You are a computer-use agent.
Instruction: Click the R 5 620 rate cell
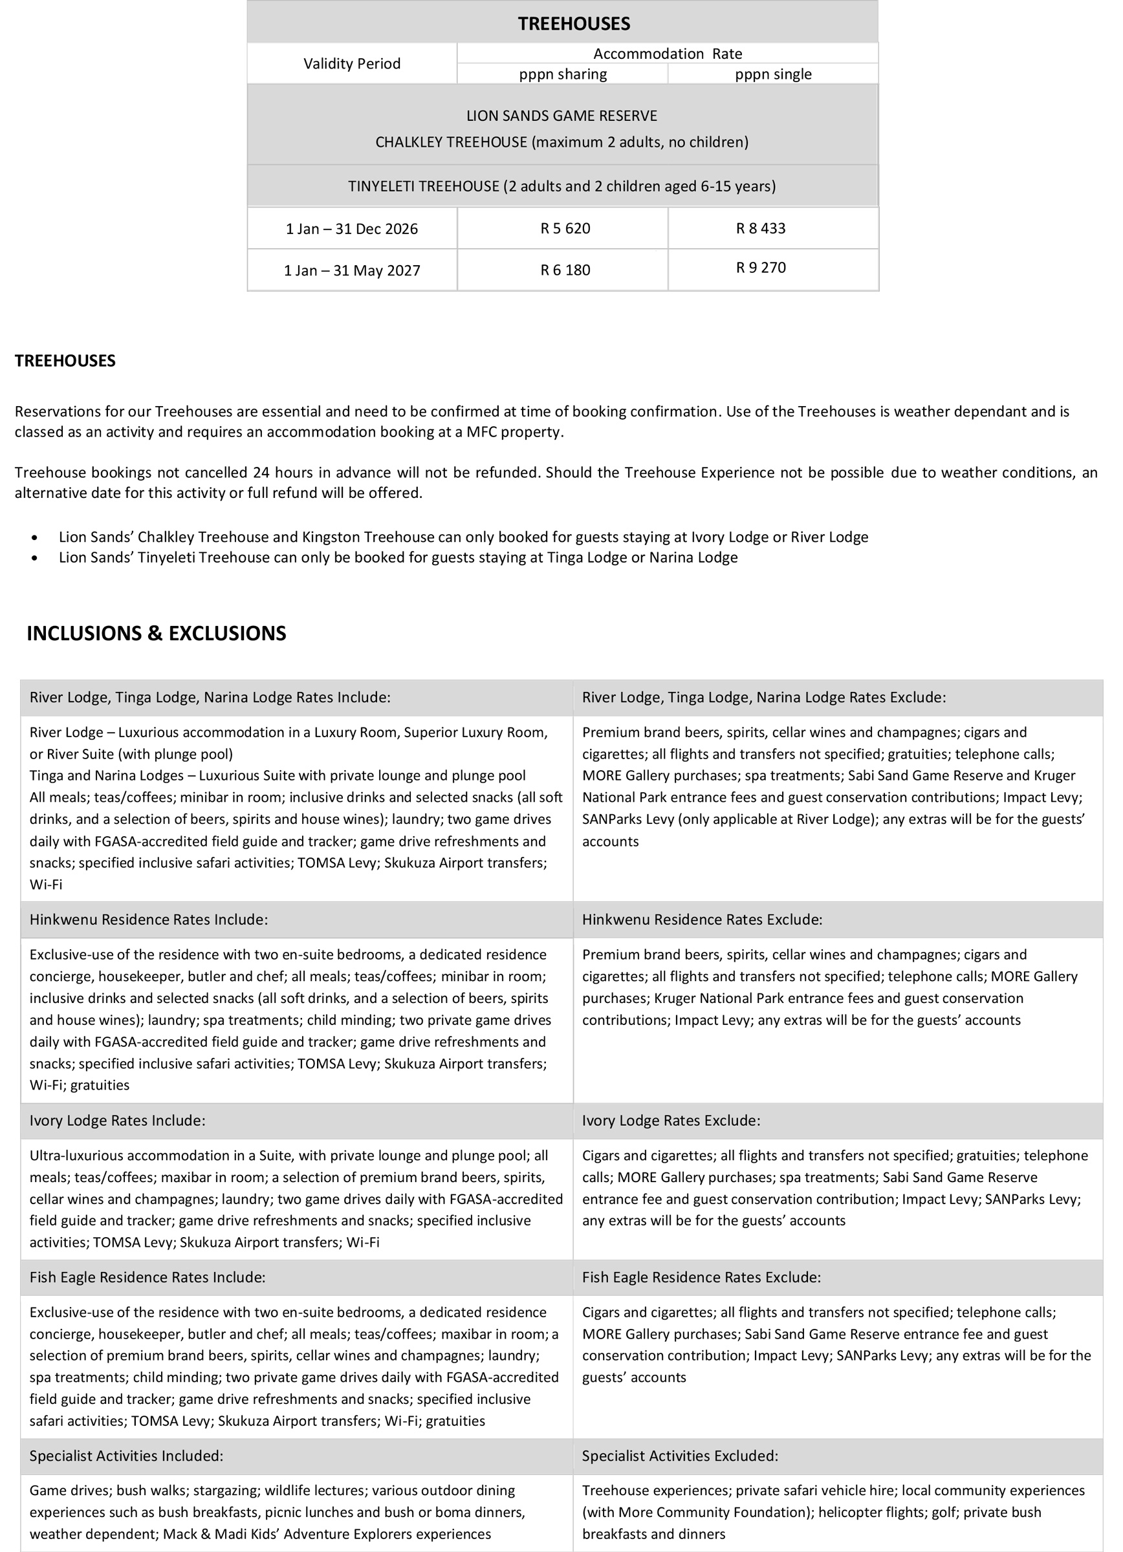[x=565, y=228]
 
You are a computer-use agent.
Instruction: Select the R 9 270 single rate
[x=760, y=268]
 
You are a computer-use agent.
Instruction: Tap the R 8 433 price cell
[x=760, y=228]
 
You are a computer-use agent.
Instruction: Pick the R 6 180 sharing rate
[x=565, y=270]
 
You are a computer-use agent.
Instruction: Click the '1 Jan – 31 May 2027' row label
[x=352, y=270]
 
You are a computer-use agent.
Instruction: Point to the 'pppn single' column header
[x=772, y=74]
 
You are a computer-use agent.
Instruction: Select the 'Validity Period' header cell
[x=352, y=63]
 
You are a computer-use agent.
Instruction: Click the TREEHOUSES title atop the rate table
[x=574, y=23]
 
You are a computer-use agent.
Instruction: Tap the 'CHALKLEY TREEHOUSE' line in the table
[x=561, y=142]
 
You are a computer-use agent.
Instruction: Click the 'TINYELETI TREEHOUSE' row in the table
[x=561, y=186]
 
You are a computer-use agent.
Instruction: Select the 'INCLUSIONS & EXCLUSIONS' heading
[x=156, y=633]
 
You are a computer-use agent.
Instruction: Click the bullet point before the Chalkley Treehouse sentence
[x=35, y=538]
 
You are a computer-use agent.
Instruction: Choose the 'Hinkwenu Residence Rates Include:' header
[x=149, y=920]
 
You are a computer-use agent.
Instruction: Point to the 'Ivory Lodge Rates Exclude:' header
[x=671, y=1120]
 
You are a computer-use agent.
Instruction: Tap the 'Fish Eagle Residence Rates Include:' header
[x=147, y=1277]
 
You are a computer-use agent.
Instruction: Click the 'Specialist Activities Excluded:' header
[x=679, y=1456]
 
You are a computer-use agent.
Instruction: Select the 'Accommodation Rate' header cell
[x=667, y=54]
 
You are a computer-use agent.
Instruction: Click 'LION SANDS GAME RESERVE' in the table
[x=561, y=116]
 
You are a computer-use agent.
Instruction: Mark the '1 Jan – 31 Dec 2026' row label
[x=352, y=228]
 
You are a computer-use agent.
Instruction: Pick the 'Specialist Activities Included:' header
[x=126, y=1456]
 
